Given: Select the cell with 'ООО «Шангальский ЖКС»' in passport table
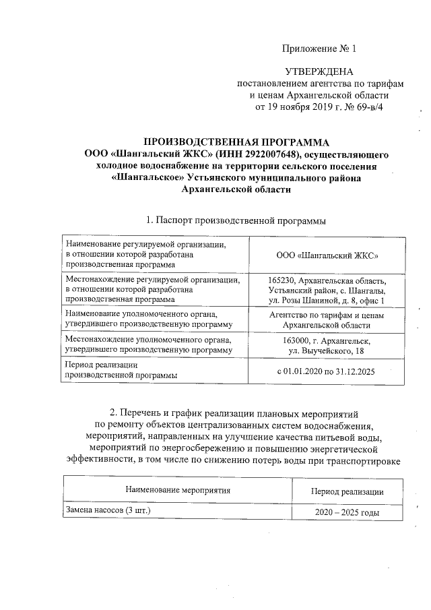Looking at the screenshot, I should pos(327,255).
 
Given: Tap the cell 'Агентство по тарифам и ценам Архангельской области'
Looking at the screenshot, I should pos(327,319).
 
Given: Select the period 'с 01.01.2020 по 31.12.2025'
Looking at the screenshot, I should pos(327,371).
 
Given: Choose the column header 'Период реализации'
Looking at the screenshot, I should pos(347,491).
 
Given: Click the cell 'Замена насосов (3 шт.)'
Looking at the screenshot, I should pos(106,511).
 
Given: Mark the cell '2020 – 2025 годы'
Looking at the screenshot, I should pos(347,513).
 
